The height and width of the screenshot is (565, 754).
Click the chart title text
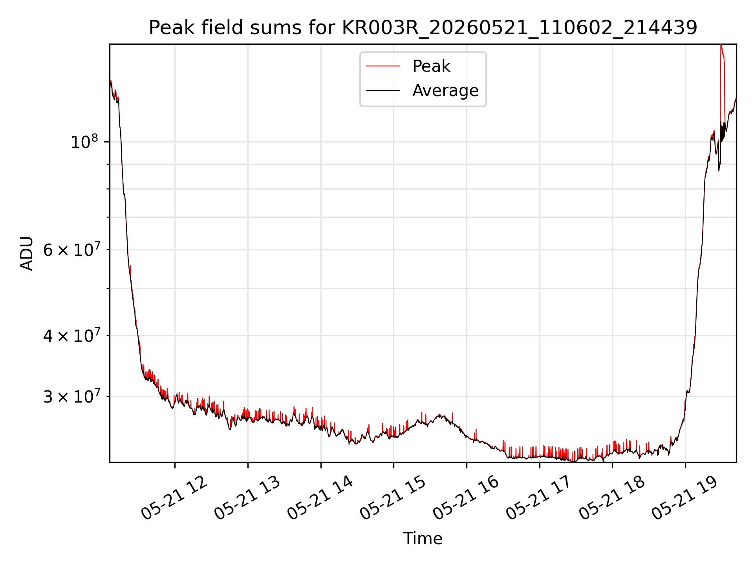point(423,28)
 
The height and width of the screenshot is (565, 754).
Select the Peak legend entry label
point(431,66)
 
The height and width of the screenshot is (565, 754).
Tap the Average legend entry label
point(445,91)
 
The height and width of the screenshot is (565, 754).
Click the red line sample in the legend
point(383,66)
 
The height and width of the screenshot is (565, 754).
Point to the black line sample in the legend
point(383,91)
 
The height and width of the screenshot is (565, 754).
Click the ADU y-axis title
point(27,253)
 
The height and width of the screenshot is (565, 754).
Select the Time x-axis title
point(423,539)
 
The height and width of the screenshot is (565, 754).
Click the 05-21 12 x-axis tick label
point(174,498)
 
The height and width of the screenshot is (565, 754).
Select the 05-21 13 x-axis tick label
point(247,498)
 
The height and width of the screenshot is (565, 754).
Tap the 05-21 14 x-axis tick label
point(320,498)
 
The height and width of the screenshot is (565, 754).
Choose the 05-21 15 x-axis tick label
point(393,498)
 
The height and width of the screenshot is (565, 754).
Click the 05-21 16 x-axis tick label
point(466,498)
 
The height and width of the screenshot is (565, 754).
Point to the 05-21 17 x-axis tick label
point(539,498)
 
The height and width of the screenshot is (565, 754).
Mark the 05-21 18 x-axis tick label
point(612,498)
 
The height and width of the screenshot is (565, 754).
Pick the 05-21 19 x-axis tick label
point(685,498)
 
